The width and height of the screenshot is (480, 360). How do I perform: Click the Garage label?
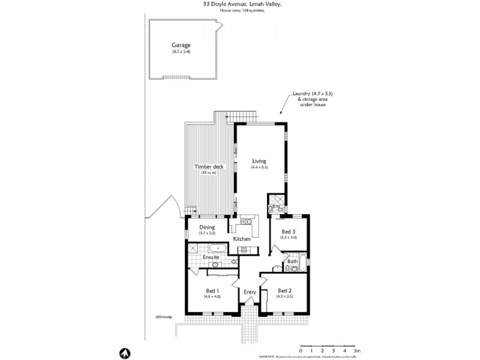pyautogui.click(x=181, y=45)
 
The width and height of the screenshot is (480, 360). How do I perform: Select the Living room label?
pyautogui.click(x=259, y=160)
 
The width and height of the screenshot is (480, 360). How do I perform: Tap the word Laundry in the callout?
pyautogui.click(x=301, y=93)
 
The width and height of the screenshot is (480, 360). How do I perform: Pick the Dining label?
pyautogui.click(x=207, y=227)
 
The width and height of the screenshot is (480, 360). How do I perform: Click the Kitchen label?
pyautogui.click(x=242, y=239)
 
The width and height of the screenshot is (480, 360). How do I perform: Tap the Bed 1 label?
pyautogui.click(x=212, y=290)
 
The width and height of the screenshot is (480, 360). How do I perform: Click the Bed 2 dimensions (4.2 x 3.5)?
pyautogui.click(x=284, y=296)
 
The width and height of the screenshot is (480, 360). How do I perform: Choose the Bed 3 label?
pyautogui.click(x=289, y=231)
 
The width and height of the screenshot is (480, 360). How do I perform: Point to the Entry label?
pyautogui.click(x=250, y=292)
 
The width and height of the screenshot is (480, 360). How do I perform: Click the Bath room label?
pyautogui.click(x=292, y=261)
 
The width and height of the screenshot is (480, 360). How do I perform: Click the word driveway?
pyautogui.click(x=164, y=317)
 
